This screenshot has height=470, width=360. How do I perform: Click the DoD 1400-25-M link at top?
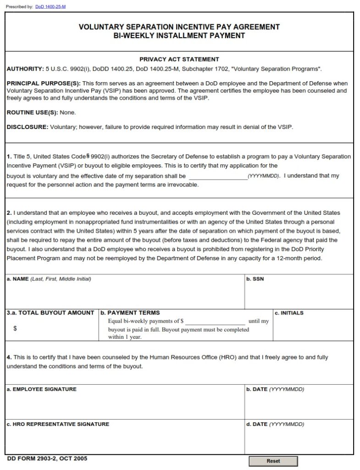(50, 6)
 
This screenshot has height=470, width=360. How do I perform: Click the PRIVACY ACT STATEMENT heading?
(179, 59)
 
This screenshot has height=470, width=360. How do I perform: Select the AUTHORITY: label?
(25, 69)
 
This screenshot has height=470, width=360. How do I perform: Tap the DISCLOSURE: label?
(28, 127)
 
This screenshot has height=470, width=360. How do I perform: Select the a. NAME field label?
(18, 279)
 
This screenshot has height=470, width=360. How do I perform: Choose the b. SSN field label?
(255, 279)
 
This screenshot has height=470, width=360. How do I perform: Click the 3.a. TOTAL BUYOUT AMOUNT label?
(50, 313)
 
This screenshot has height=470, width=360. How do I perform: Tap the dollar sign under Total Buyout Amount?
(15, 329)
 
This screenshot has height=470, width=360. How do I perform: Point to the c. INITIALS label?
(289, 313)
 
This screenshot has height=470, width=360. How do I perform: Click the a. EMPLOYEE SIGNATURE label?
(42, 389)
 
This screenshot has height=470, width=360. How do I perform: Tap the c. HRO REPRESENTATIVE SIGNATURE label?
(58, 424)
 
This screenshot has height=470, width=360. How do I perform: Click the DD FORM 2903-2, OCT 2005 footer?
(47, 459)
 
